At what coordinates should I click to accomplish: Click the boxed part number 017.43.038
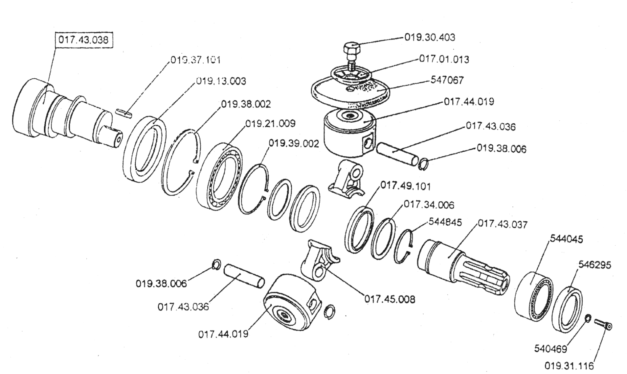[83, 40]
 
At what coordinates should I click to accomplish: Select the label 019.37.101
[195, 60]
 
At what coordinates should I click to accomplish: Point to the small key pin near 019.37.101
[124, 112]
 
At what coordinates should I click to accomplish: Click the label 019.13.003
[221, 81]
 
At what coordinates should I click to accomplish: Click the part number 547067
[447, 80]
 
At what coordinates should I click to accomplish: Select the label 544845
[445, 222]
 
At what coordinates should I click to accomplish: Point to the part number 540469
[550, 349]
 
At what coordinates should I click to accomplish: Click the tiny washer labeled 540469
[588, 318]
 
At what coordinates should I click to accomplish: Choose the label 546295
[595, 265]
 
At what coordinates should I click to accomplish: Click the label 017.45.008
[390, 299]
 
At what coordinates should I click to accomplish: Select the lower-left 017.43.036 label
[183, 307]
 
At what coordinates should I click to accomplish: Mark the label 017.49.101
[405, 186]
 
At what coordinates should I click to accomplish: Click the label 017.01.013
[444, 60]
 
